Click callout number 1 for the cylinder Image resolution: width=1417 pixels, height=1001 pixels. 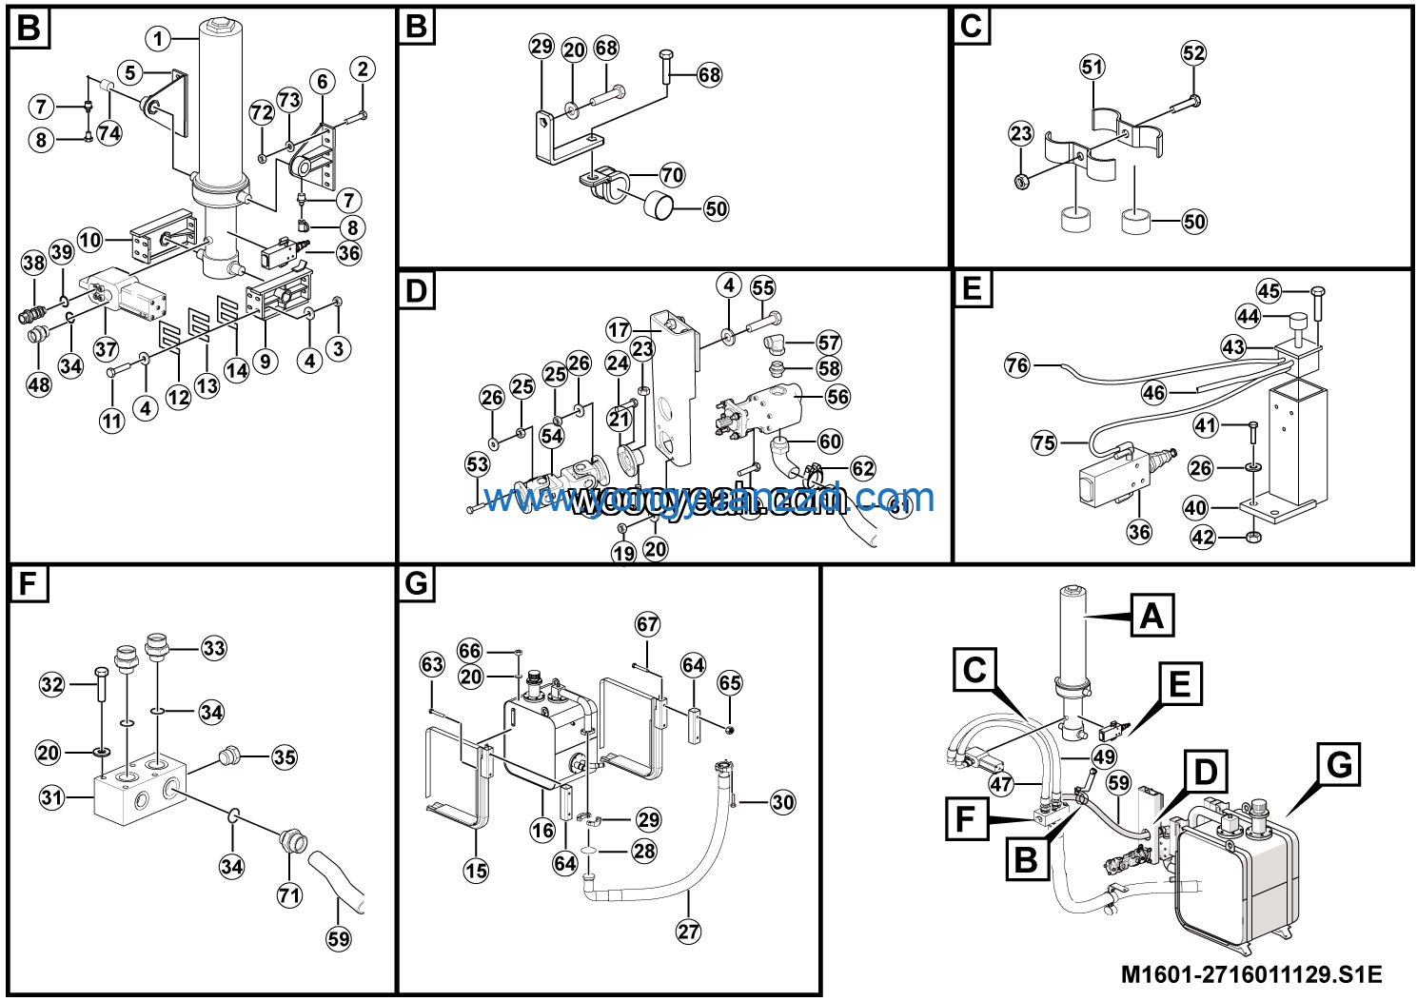158,39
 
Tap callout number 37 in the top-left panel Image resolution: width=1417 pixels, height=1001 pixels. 106,349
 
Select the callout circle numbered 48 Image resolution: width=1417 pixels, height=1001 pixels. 38,385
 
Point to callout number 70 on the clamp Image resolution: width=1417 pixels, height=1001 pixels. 672,175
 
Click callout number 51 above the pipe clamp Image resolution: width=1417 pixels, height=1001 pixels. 1092,67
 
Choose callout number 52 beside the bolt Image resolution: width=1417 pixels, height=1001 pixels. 1193,53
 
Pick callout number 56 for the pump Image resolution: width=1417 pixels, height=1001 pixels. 837,397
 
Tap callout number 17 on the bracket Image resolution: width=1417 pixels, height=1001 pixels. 619,330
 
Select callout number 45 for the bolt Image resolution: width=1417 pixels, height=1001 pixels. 1269,291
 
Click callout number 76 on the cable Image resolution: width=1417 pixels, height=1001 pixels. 1017,365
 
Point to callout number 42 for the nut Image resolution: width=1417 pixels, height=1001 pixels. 1203,538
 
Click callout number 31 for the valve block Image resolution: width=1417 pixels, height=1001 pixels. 51,797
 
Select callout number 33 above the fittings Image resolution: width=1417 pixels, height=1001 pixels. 214,649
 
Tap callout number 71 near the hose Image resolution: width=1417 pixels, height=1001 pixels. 289,894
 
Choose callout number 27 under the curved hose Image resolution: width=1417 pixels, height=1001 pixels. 688,932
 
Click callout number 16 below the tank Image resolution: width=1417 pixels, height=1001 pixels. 542,831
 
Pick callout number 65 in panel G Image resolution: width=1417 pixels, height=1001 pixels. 730,683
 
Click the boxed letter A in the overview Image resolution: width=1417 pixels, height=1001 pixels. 1151,616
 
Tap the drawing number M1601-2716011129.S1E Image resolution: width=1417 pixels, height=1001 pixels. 1250,974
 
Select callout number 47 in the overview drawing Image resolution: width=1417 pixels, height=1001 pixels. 1001,785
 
